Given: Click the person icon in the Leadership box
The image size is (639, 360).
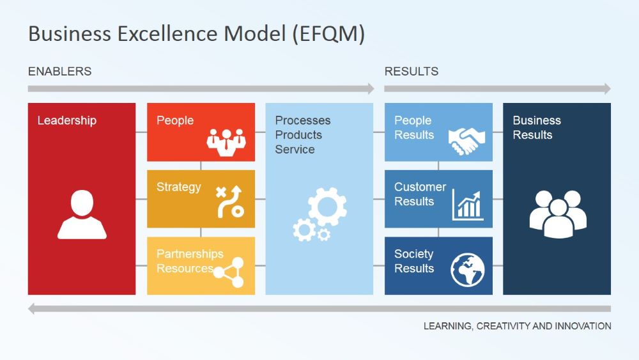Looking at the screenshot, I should pos(82,215).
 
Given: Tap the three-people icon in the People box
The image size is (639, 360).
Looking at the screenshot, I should pos(226,142).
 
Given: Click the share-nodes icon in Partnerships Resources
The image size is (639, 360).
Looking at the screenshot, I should pos(228,272).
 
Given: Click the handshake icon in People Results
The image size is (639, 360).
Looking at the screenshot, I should pos(466,141).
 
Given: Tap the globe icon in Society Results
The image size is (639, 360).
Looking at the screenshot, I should pos(468,270).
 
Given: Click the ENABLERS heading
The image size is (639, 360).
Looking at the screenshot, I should pos(59,72).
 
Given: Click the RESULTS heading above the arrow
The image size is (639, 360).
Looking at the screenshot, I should pos(411,72).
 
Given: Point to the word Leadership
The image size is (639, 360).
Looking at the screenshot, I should pos(66,120).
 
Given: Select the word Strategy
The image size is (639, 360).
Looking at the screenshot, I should pos(178,187).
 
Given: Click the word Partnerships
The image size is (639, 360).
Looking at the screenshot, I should pos(190,254).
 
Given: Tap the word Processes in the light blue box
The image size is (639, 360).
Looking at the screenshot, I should pos(302,120).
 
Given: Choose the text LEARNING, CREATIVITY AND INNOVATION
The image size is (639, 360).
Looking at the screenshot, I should pos(517,326).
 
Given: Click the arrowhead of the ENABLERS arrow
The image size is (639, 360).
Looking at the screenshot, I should pos(370,89).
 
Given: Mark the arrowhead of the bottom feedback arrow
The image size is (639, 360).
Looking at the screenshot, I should pos(33,309).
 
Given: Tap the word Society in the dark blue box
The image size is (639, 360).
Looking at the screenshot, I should pos(413,254).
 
